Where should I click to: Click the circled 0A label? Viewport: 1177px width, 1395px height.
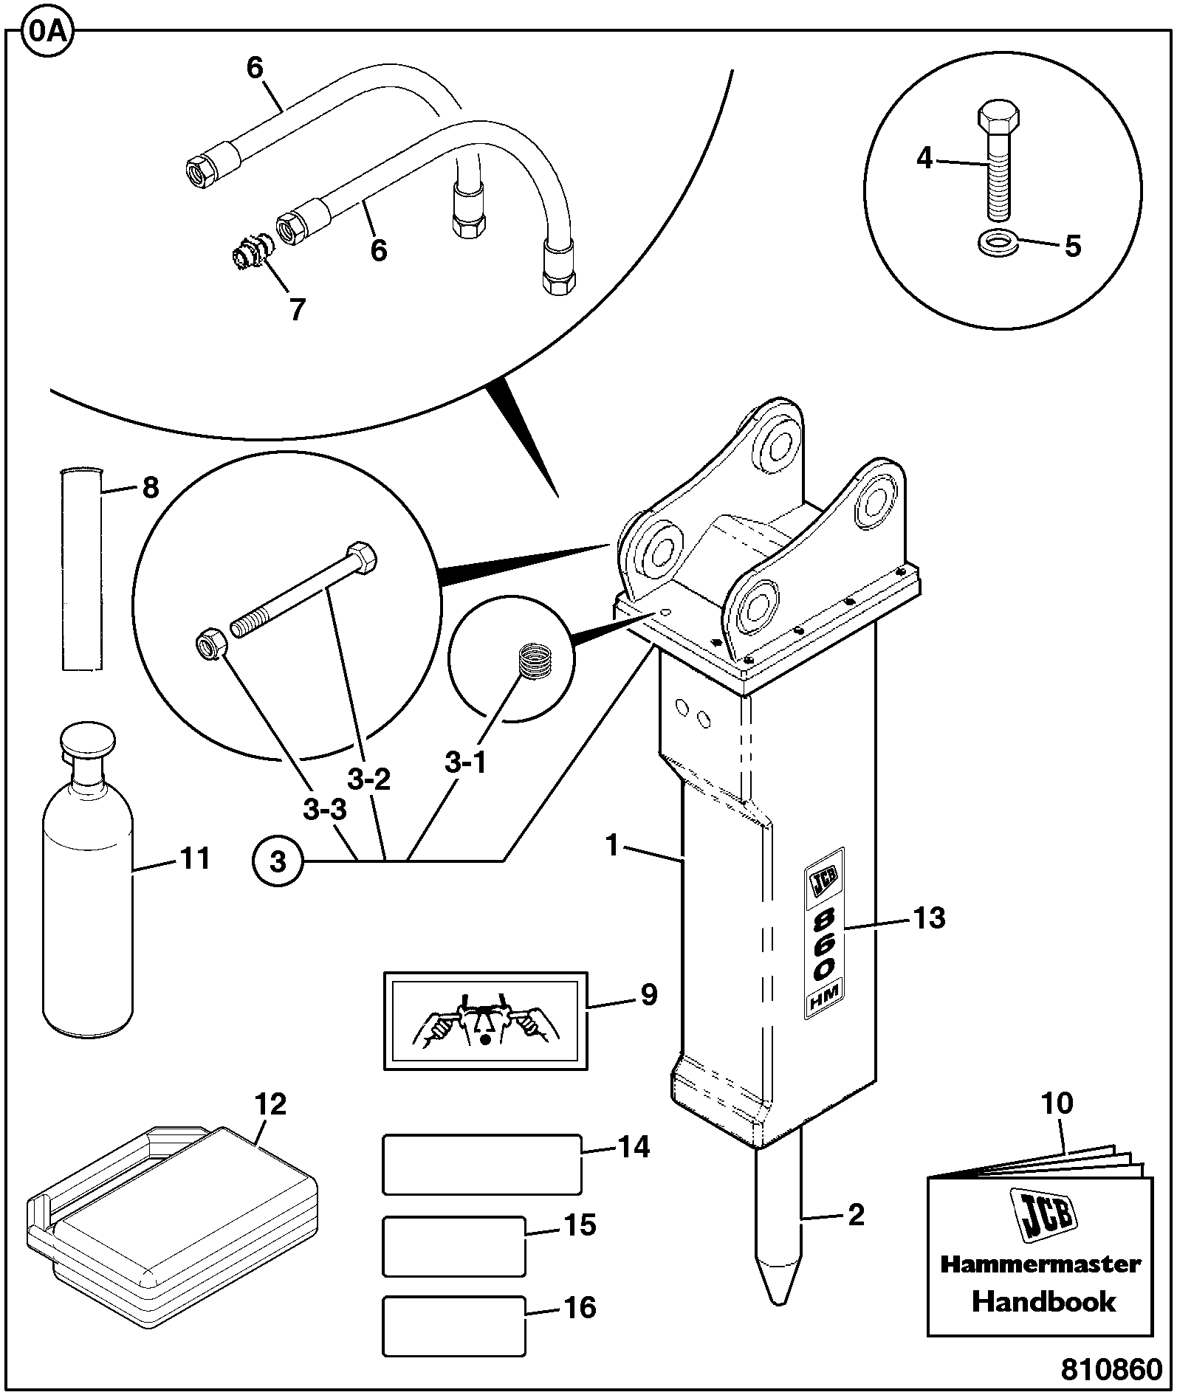pyautogui.click(x=48, y=34)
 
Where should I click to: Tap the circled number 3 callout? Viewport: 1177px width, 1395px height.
pyautogui.click(x=278, y=861)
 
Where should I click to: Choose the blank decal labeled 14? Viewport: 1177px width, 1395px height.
pyautogui.click(x=482, y=1165)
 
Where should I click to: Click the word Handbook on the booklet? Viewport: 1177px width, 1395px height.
pyautogui.click(x=1043, y=1301)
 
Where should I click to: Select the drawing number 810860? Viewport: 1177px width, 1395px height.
pyautogui.click(x=1111, y=1369)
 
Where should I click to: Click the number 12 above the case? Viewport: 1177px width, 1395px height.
pyautogui.click(x=270, y=1104)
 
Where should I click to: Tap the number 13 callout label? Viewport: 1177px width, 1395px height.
pyautogui.click(x=929, y=918)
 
